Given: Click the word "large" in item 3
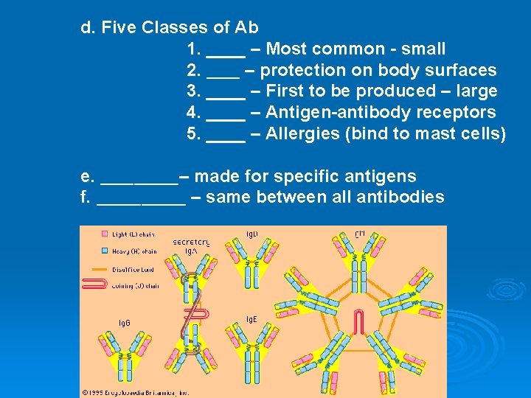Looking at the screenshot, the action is [477, 91].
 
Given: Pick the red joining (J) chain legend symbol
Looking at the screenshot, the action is [97, 285].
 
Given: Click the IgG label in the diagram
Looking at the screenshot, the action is [125, 323].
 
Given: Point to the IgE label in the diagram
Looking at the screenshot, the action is [251, 319].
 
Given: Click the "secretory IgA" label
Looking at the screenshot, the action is [191, 246].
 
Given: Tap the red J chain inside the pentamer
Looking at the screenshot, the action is [359, 322].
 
